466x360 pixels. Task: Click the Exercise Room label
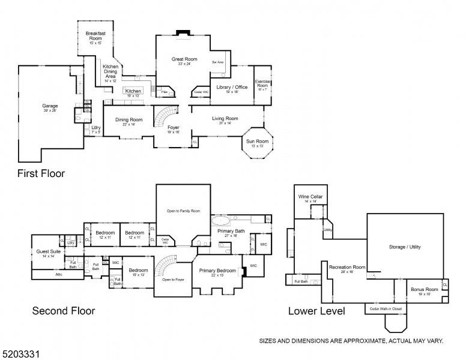[x=262, y=85]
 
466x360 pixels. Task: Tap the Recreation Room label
[x=347, y=268]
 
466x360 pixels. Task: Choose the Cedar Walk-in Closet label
[x=384, y=309]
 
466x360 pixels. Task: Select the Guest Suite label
[x=46, y=253]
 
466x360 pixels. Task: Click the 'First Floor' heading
[x=41, y=173]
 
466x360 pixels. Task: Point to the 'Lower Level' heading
[x=316, y=311]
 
